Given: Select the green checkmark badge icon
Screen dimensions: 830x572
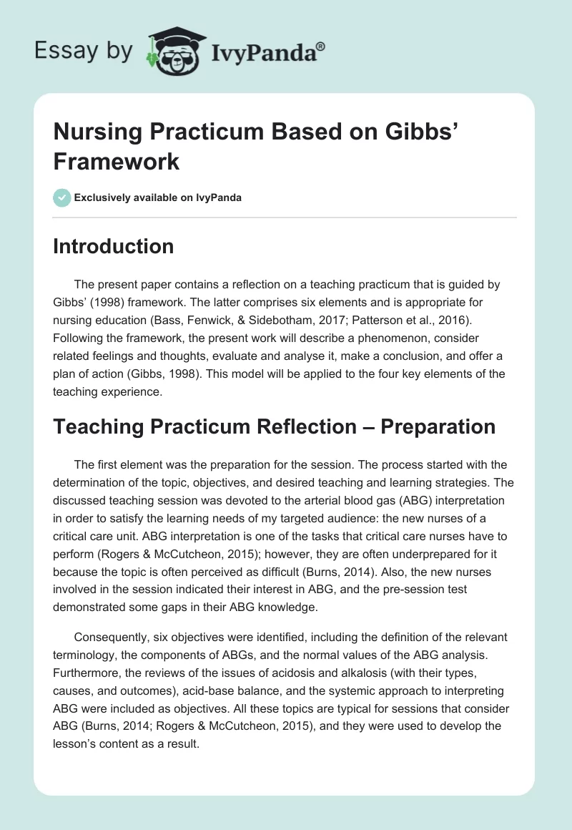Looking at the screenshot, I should pos(61,197).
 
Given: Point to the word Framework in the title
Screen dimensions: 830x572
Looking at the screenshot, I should pos(116,161).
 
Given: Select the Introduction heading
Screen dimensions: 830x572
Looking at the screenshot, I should pos(114,246).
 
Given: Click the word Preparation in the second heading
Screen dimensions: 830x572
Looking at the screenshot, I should pos(438,426).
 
